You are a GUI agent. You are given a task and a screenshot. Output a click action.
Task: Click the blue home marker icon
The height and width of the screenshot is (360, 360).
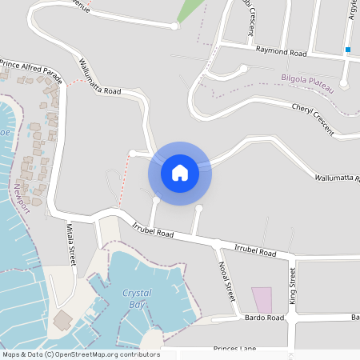(180, 172)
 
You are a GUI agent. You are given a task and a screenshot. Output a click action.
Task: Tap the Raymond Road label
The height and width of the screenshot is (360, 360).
(281, 52)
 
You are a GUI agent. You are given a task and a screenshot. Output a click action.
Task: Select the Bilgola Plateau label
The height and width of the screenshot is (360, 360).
(309, 78)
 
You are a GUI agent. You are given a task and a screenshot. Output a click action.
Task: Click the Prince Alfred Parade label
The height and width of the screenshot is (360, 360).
(31, 65)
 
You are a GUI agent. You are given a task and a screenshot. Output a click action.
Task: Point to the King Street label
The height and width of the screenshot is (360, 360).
(293, 287)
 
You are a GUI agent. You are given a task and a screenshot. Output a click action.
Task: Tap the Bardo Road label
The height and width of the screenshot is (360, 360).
(265, 318)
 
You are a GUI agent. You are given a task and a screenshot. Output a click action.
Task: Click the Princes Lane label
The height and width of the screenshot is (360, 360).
(234, 350)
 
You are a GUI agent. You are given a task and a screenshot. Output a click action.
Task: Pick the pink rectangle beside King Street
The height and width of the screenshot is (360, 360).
(262, 300)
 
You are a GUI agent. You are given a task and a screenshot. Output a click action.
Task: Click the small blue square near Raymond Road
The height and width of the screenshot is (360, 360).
(348, 50)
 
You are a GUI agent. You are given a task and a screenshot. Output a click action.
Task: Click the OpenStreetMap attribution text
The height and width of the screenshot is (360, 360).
(81, 354)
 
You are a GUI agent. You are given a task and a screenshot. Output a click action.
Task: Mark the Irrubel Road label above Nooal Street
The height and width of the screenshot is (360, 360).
(255, 251)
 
